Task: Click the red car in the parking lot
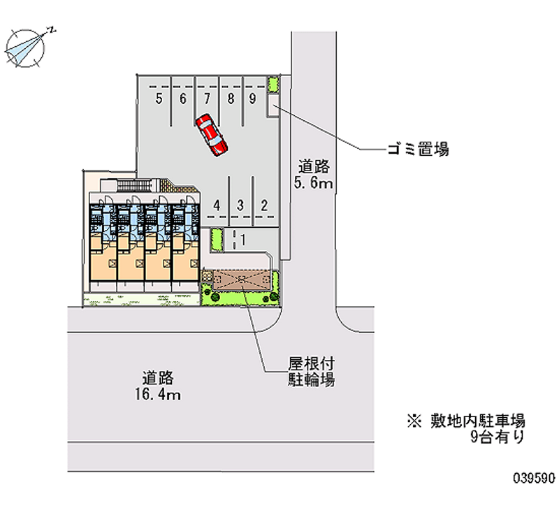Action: tap(212, 135)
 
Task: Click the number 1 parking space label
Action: tap(243, 240)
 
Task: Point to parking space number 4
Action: tap(217, 205)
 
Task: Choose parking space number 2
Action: tap(264, 205)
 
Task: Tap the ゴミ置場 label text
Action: tap(418, 149)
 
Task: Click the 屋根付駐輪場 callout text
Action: tap(311, 372)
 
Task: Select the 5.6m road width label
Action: tap(313, 175)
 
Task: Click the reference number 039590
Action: tap(534, 479)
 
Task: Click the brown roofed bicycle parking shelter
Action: tap(242, 279)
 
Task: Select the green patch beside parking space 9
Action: tap(273, 84)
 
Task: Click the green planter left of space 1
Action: tap(217, 240)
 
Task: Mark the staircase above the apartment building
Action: tap(135, 186)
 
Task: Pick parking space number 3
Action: tap(240, 205)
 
